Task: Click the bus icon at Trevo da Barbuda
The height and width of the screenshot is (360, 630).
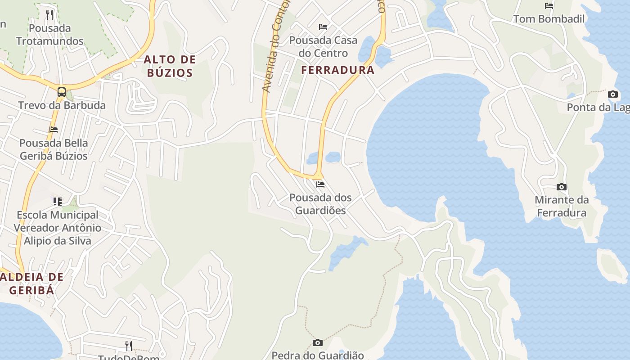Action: tap(62, 92)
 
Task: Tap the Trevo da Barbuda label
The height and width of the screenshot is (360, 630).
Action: tap(62, 105)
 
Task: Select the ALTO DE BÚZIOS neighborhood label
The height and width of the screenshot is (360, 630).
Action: tap(170, 66)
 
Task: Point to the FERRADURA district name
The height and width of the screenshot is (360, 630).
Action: tap(337, 70)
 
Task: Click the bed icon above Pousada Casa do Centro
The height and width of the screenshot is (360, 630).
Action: tap(323, 27)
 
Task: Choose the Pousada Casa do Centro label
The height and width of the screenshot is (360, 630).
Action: tap(323, 47)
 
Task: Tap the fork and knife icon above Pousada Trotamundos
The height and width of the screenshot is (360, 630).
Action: tap(49, 15)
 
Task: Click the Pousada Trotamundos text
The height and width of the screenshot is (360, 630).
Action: tap(50, 35)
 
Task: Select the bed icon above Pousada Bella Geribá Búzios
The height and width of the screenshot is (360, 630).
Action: tap(54, 130)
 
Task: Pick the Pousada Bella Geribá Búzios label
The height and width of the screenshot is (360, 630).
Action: tap(54, 149)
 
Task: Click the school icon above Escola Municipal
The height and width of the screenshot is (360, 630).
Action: tap(57, 201)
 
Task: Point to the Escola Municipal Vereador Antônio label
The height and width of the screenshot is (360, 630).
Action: tap(57, 228)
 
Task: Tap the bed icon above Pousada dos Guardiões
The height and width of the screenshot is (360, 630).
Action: tap(320, 184)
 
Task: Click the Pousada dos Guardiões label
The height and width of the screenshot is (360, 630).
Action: tap(320, 204)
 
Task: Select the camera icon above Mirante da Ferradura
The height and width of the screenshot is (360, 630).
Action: tap(562, 187)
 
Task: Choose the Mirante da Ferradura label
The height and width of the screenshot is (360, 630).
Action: tap(562, 206)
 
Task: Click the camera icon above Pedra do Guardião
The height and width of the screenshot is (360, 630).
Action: tap(318, 343)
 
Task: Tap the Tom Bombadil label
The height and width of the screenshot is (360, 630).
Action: tap(549, 19)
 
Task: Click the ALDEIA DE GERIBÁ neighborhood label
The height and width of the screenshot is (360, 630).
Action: tap(31, 283)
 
